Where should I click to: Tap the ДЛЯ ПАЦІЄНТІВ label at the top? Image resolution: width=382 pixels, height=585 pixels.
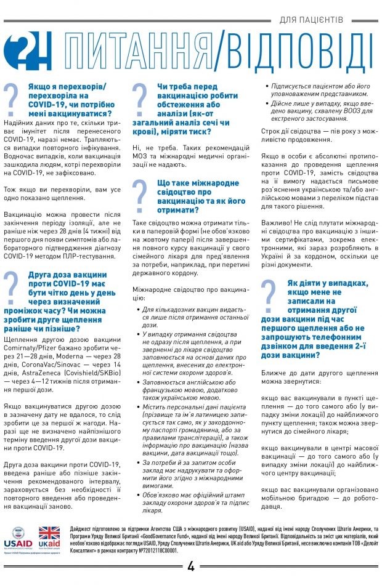click(x=320, y=20)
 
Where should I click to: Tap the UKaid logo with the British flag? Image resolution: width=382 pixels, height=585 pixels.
click(x=49, y=537)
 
